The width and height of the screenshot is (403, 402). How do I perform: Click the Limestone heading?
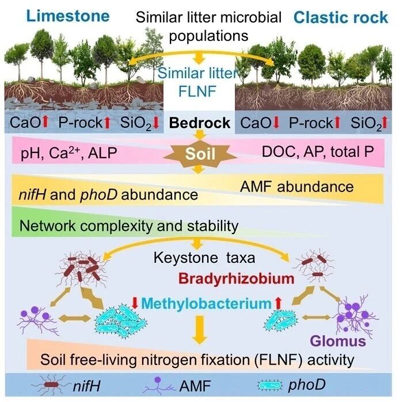68,16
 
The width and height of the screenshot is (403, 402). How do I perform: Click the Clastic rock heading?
341,17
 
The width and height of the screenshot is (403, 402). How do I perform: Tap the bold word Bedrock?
199,122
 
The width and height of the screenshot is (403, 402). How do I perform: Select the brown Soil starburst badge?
200,154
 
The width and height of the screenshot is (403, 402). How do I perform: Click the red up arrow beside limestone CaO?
45,122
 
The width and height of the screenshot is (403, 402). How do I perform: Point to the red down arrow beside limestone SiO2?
155,122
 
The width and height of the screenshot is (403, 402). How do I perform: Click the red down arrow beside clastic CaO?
276,122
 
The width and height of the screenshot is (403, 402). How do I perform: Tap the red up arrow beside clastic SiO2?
385,122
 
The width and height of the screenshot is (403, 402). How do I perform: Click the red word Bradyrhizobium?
236,279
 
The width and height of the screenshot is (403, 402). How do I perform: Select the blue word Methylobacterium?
206,304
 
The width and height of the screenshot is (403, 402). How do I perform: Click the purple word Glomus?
338,342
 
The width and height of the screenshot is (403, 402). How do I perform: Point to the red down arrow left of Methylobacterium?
135,303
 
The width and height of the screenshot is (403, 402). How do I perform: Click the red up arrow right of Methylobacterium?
278,303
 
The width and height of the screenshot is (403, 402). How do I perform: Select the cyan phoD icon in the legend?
270,385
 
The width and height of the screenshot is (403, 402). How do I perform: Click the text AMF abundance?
296,187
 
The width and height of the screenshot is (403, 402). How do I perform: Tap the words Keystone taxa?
204,258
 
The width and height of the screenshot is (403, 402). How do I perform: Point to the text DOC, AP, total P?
318,151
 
